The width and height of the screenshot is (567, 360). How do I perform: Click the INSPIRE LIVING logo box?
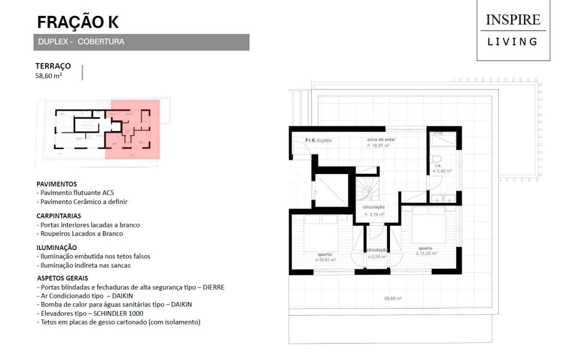(513, 30)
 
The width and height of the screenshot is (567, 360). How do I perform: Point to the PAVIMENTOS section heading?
(56, 184)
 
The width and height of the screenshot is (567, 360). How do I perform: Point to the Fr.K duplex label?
(318, 140)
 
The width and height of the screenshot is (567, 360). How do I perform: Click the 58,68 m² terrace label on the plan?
(393, 298)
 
